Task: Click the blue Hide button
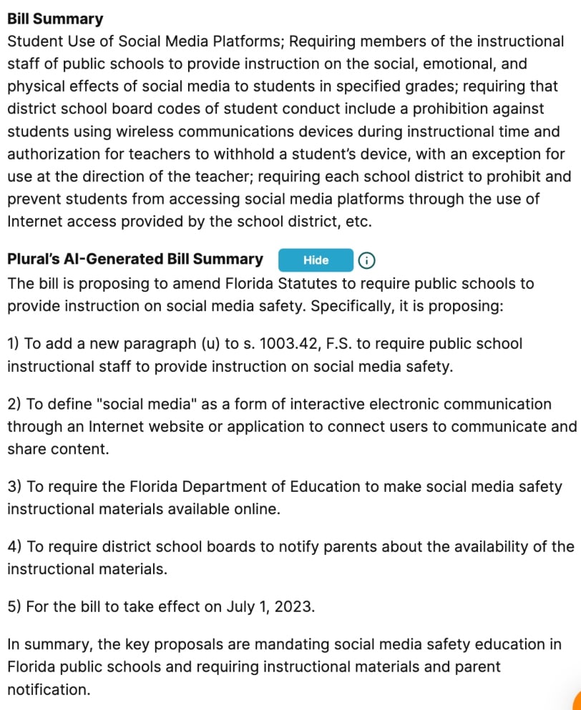pos(316,260)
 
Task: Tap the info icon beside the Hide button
pos(366,261)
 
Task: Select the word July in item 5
pos(241,607)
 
